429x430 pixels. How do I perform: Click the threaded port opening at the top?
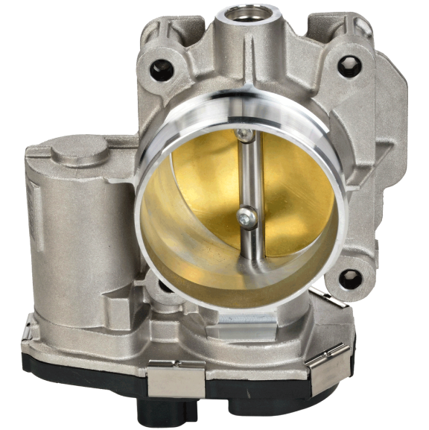click(x=247, y=15)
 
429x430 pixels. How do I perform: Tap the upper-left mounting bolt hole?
click(x=159, y=72)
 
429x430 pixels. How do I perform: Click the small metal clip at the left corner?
click(x=30, y=328)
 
